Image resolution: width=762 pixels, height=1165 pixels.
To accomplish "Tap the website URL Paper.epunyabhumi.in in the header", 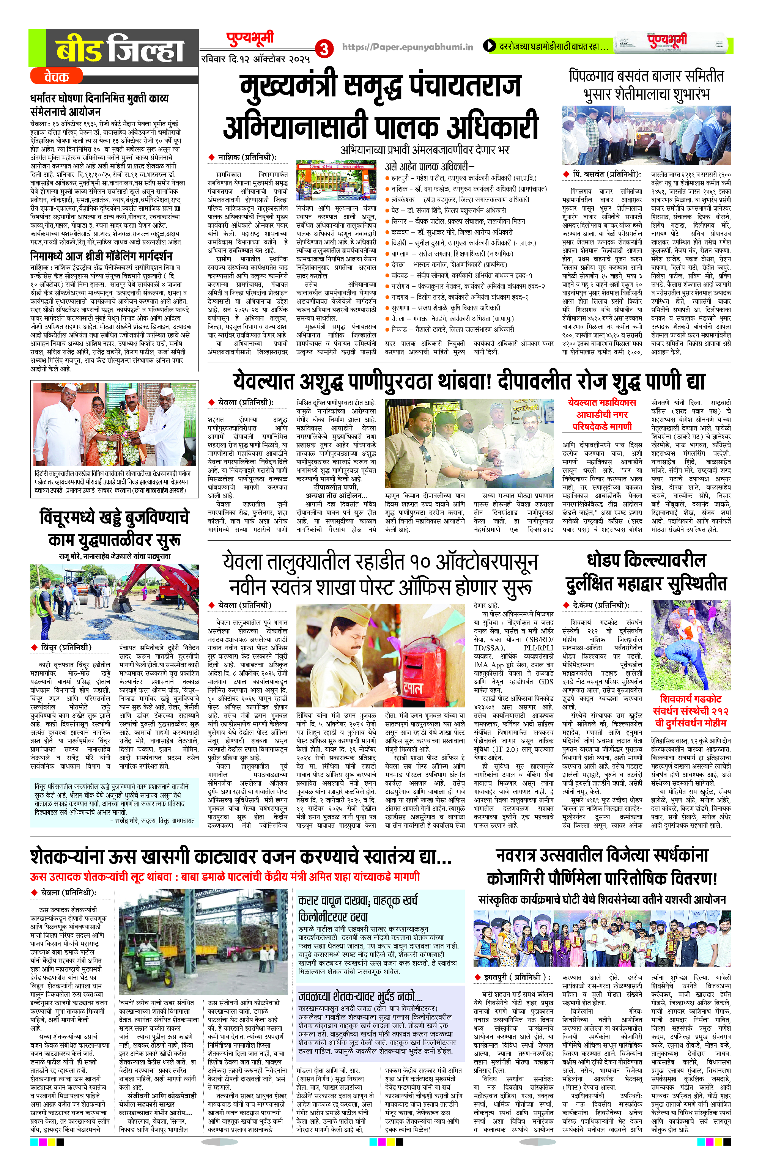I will pyautogui.click(x=408, y=47).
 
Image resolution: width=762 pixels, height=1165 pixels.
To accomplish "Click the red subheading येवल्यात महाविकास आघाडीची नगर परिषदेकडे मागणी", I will pyautogui.click(x=602, y=415).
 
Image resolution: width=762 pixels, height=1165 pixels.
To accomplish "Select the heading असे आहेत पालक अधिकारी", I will pyautogui.click(x=430, y=167).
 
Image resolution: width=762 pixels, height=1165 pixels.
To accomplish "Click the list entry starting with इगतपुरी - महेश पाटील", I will pyautogui.click(x=463, y=178).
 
